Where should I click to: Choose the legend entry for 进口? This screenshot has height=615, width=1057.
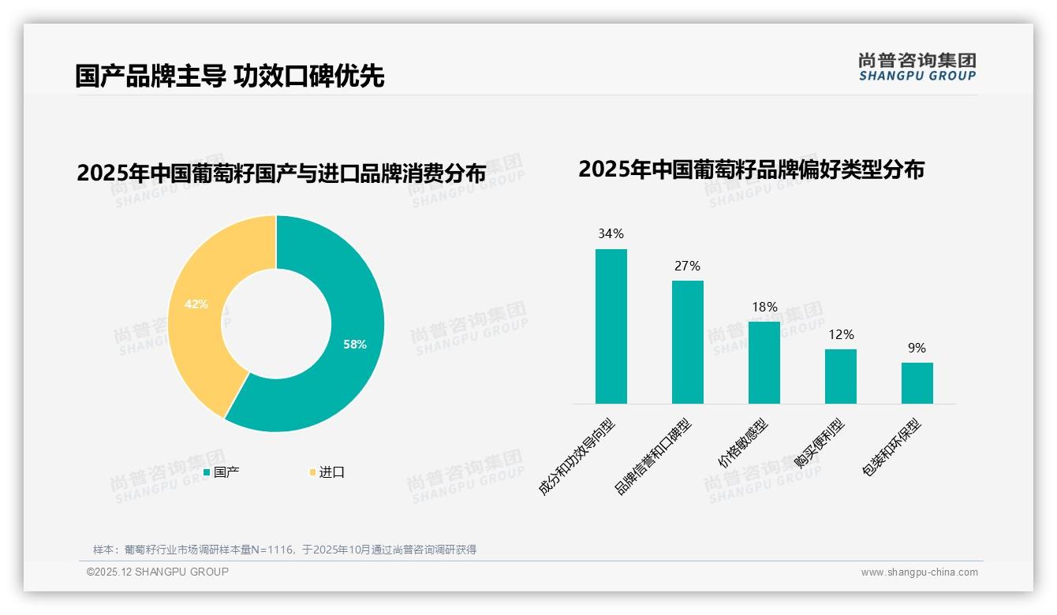[327, 472]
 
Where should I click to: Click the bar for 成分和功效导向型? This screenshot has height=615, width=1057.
[611, 326]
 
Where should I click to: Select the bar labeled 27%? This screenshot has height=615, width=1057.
[687, 342]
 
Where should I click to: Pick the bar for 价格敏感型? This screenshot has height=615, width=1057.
[764, 363]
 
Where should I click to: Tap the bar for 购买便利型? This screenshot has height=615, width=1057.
[840, 376]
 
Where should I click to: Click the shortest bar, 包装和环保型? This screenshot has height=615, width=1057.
[917, 383]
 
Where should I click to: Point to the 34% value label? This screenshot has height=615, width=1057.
[611, 233]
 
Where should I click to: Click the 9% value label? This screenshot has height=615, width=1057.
[917, 348]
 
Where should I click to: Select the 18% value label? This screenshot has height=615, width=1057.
[764, 307]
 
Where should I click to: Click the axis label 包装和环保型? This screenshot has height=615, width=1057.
[892, 449]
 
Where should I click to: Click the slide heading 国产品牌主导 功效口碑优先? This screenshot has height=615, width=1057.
[230, 76]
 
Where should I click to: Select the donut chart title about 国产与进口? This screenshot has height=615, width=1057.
[281, 173]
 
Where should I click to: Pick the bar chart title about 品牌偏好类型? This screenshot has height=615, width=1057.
[751, 170]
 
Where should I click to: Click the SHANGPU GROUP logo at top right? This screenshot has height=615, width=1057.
[917, 67]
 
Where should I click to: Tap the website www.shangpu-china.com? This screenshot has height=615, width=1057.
[919, 572]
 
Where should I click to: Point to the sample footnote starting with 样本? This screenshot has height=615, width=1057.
[285, 550]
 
